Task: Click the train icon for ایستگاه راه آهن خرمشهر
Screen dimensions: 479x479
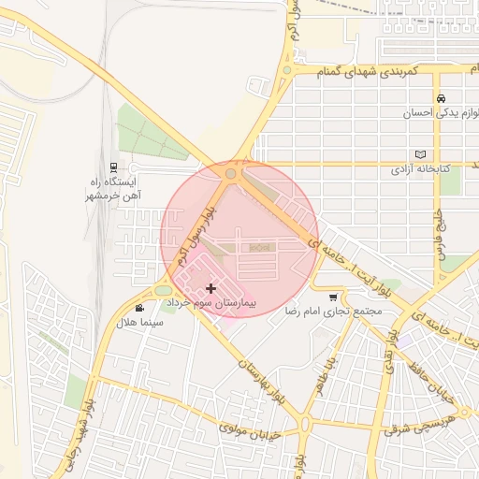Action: (114, 166)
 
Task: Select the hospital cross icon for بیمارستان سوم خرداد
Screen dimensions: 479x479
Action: (210, 289)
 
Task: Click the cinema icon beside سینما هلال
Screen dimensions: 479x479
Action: (139, 308)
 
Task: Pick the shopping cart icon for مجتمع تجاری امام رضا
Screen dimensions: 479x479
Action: (333, 297)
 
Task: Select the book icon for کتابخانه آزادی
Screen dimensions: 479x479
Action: (420, 155)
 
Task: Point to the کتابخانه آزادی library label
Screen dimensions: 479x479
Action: (420, 169)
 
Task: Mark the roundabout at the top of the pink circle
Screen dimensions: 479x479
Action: (231, 174)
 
